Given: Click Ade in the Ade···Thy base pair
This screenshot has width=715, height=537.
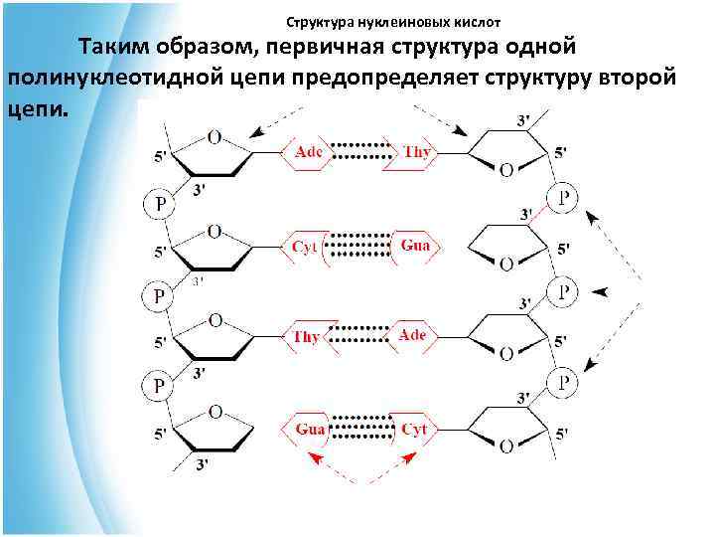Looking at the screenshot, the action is [x=309, y=151].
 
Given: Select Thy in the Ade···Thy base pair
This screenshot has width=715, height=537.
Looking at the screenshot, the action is [x=416, y=151].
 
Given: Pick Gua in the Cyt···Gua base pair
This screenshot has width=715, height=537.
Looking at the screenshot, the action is [x=415, y=244].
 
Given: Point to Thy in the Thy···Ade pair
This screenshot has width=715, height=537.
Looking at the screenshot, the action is [x=307, y=336].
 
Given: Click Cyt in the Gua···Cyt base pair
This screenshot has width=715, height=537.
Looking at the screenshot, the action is [x=414, y=429].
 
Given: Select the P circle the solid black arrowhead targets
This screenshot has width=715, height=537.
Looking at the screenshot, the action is [x=563, y=290].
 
